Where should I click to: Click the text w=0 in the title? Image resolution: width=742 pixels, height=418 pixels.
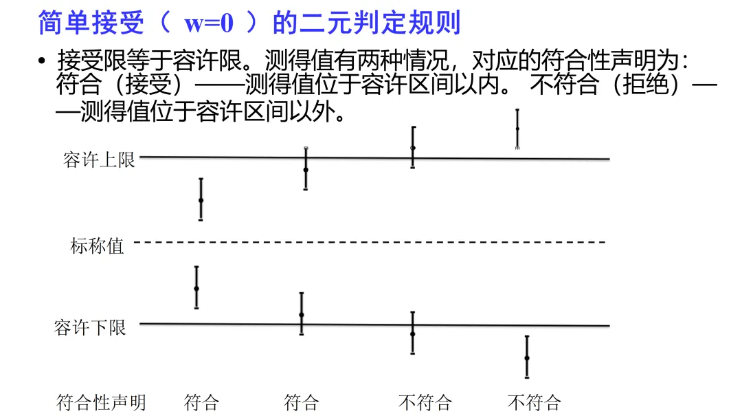point(209,23)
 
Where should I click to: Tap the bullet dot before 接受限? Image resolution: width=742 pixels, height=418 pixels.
point(43,60)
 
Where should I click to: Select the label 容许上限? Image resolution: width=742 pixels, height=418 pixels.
point(99,161)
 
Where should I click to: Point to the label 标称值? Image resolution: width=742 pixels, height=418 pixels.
point(97,245)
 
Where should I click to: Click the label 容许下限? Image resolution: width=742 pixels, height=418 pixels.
point(90,327)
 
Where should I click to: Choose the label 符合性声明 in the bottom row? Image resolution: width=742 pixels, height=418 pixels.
point(101,402)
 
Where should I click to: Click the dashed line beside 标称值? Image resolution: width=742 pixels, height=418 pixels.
point(371,242)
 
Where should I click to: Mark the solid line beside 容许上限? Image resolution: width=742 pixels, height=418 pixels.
point(371,158)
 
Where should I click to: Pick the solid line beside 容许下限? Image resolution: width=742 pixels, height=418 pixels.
point(371,324)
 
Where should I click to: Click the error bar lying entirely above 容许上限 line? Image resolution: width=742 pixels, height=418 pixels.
point(517,129)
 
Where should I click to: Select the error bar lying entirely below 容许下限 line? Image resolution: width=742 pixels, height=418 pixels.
point(527,357)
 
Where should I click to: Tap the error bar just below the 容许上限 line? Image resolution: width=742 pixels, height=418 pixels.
point(201,199)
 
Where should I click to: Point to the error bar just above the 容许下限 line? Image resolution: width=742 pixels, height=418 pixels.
point(196,287)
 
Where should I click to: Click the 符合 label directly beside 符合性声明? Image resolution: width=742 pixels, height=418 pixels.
point(201,402)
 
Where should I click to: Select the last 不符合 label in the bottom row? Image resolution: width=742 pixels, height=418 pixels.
point(535,402)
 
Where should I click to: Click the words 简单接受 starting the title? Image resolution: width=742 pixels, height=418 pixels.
point(91,23)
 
